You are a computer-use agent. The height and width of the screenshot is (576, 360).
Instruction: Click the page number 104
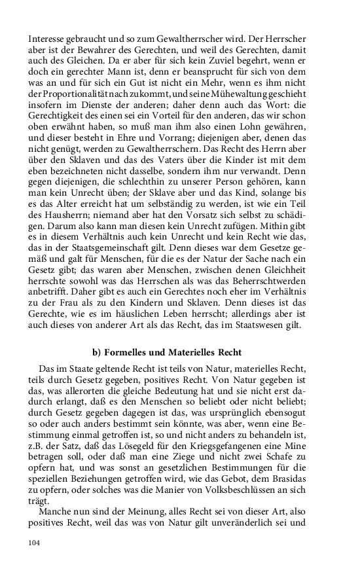[x=35, y=541]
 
